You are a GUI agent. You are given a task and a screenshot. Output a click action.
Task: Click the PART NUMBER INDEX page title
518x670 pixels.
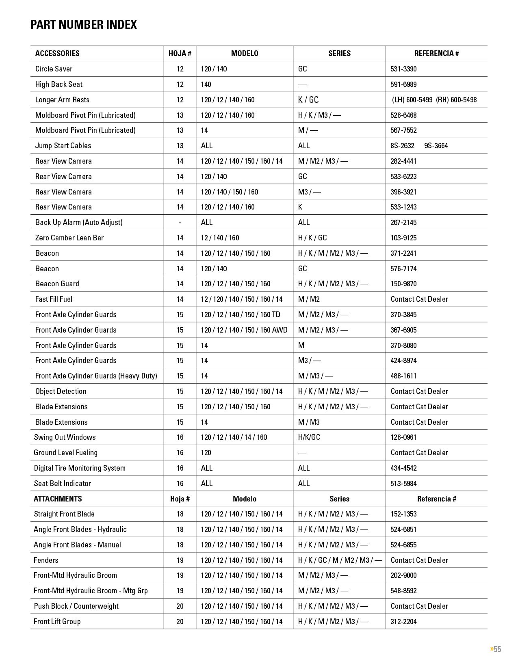83,25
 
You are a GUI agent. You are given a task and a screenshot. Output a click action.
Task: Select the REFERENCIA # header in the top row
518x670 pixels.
436,53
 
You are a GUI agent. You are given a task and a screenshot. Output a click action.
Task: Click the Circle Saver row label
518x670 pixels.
54,69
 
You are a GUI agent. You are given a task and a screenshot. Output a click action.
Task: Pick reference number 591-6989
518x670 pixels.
403,84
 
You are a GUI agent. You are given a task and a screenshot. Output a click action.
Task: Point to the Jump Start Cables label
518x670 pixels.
63,145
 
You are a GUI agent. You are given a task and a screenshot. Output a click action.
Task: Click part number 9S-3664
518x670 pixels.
436,145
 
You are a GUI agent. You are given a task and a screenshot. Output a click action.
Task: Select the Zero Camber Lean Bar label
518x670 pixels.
69,238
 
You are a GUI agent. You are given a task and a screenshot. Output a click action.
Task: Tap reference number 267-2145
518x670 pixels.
403,222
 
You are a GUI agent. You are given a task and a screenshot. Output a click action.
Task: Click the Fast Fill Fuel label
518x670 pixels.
54,299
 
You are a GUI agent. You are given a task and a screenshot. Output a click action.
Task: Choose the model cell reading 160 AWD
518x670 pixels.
244,330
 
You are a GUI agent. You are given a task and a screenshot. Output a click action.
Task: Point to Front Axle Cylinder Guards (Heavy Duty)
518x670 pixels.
96,376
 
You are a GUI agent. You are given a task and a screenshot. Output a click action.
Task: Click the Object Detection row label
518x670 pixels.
61,391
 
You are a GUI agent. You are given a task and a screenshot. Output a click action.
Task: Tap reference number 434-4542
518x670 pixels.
403,468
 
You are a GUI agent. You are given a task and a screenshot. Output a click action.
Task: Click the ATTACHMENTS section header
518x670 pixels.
58,499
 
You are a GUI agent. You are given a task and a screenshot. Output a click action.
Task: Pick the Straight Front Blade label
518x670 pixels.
64,514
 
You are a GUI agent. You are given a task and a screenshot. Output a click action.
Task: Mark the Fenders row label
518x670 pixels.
46,560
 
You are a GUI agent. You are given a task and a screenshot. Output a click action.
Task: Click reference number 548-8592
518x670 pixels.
403,590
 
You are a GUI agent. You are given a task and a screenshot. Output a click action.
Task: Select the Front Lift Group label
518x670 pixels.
57,621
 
